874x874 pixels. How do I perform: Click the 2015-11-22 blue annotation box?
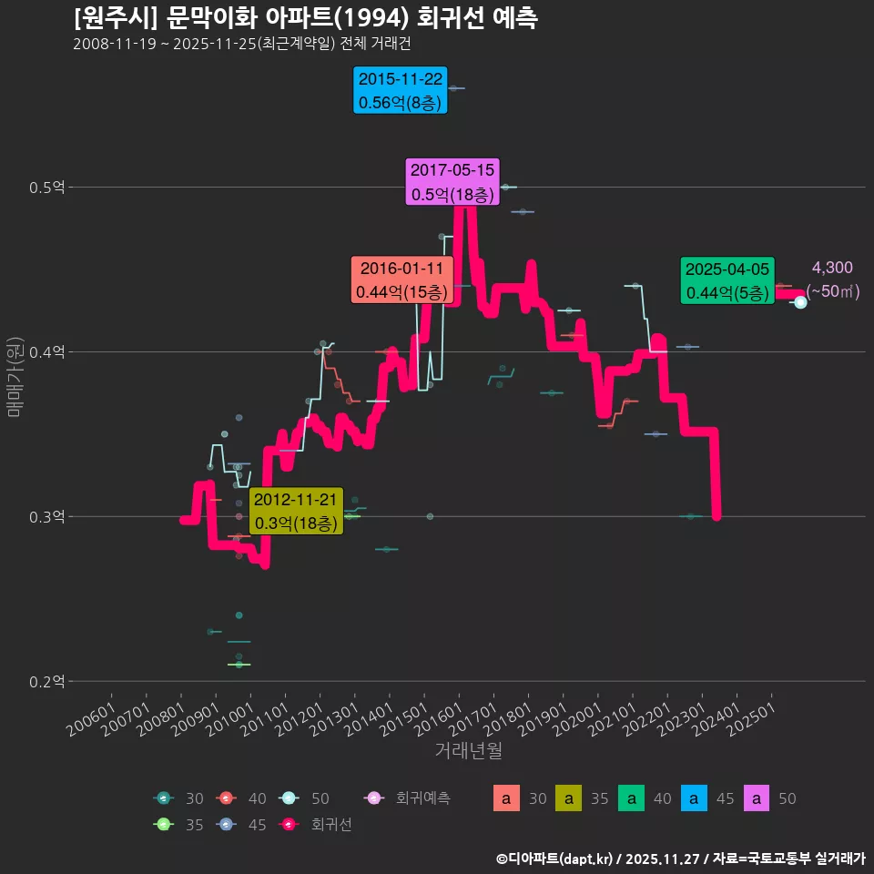(x=401, y=91)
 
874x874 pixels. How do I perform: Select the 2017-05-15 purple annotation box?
(x=452, y=182)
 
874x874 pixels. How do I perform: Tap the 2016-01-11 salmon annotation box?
(x=401, y=280)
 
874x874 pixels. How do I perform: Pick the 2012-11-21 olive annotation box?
(x=295, y=512)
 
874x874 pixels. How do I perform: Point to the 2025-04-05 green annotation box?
(x=727, y=280)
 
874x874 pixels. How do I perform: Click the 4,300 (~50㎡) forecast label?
(x=832, y=279)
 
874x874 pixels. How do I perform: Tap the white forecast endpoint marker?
(x=800, y=302)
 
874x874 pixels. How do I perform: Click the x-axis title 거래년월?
(x=468, y=751)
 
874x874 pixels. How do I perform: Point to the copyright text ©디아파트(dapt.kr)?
(x=555, y=859)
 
